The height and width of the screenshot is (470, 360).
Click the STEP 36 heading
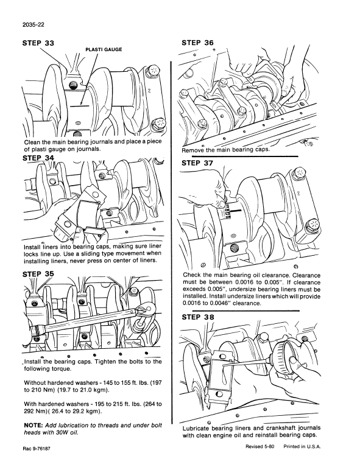202,43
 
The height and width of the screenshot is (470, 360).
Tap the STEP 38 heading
202,317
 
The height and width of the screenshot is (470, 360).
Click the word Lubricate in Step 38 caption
202,428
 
